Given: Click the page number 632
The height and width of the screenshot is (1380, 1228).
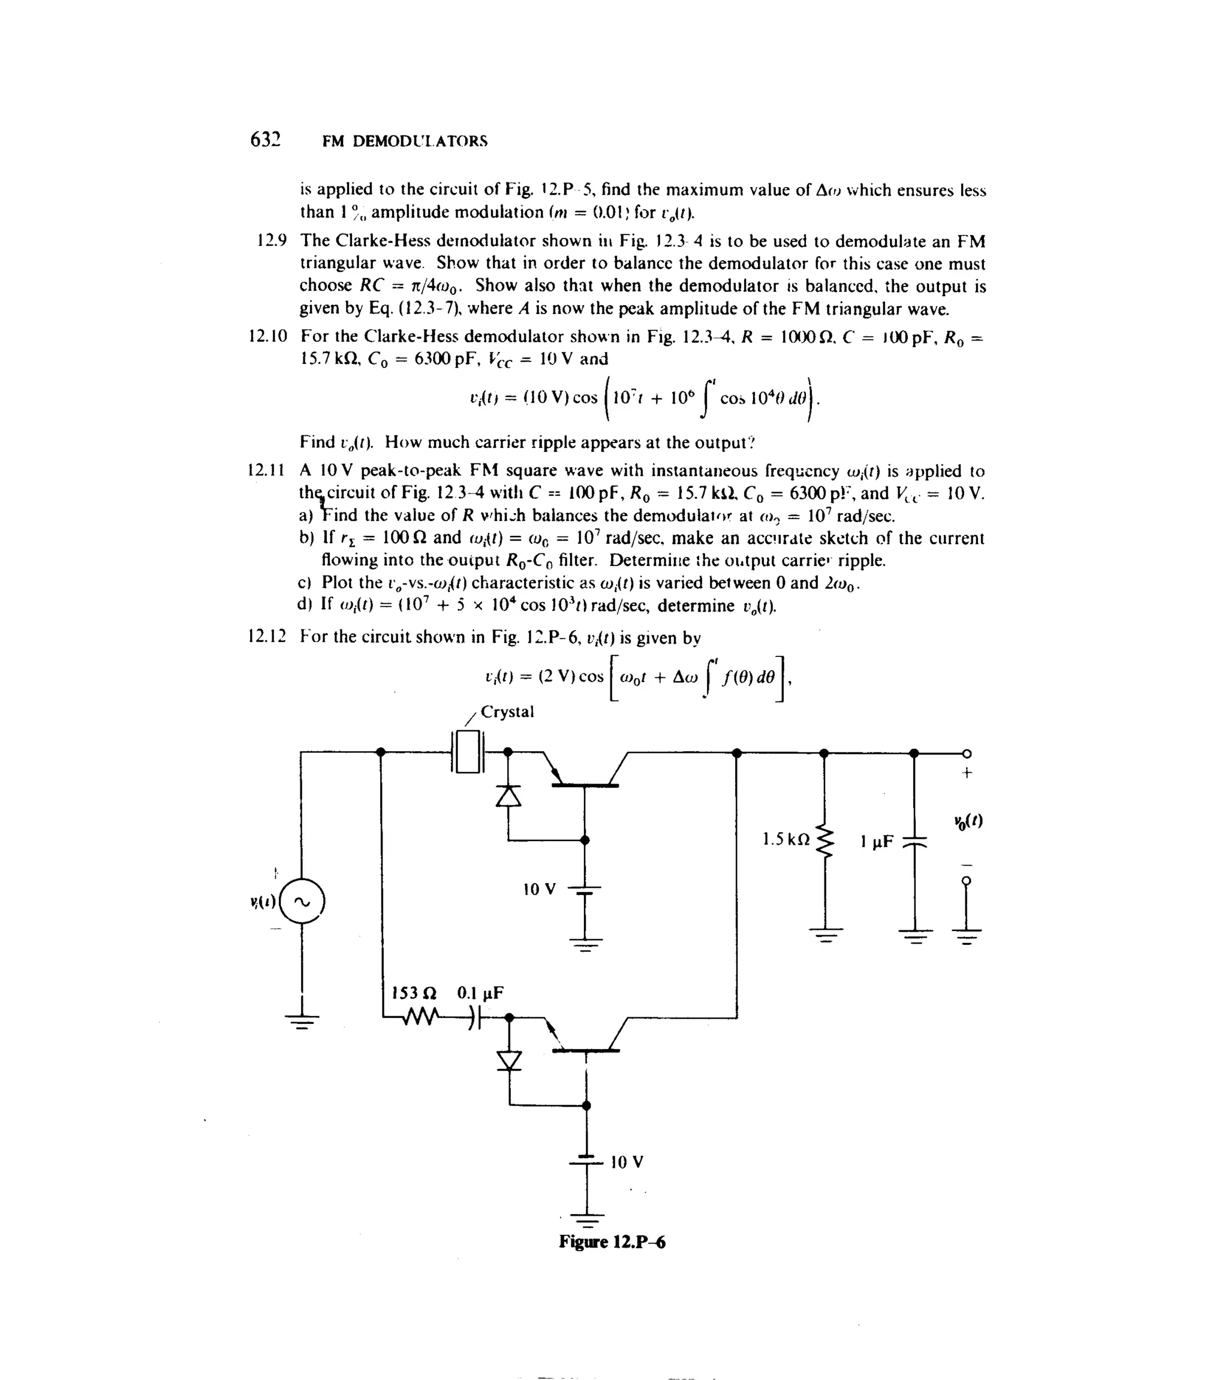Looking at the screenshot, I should click(x=265, y=140).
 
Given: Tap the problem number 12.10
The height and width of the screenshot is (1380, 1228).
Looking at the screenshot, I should click(x=268, y=336).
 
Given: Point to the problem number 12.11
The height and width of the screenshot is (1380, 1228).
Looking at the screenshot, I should click(x=267, y=471).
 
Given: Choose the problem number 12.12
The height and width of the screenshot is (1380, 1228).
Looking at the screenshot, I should click(x=267, y=637).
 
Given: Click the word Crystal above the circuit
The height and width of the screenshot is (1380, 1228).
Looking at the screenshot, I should click(x=507, y=712).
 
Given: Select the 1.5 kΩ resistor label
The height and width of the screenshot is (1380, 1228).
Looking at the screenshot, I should click(x=785, y=840).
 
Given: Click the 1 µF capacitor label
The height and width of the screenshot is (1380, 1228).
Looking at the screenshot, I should click(x=877, y=842).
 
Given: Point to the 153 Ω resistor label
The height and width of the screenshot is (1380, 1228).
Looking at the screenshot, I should click(x=415, y=993).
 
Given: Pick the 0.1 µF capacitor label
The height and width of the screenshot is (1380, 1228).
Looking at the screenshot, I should click(x=480, y=993).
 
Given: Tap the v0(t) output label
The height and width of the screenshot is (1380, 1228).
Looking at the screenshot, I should click(x=968, y=822).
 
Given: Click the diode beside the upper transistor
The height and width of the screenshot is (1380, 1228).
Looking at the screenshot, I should click(x=508, y=797).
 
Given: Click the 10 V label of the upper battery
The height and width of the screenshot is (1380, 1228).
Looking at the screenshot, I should click(x=540, y=889).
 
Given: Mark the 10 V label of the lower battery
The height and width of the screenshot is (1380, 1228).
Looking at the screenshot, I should click(x=627, y=1162).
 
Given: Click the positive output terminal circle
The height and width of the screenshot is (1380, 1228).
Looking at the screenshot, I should click(x=967, y=754).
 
